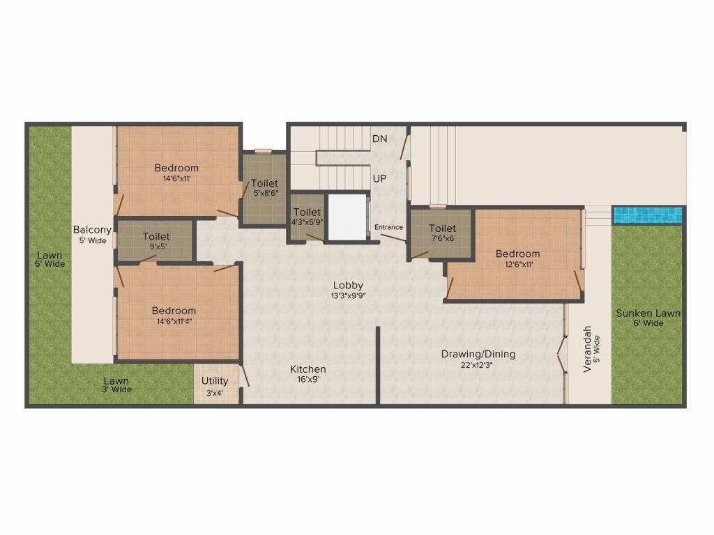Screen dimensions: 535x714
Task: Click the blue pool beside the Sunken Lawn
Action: pos(647,215)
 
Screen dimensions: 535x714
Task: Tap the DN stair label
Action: pos(379,139)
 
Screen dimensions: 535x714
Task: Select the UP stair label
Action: pos(379,179)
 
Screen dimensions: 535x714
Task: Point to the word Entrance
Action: pos(388,227)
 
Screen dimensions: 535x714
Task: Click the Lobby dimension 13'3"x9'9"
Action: pos(348,295)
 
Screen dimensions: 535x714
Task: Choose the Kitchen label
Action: pos(308,369)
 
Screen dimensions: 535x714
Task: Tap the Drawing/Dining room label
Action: pos(478,354)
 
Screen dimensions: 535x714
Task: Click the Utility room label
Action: pos(215,381)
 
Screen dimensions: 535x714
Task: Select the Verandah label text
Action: pos(587,348)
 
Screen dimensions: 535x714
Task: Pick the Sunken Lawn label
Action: pos(648,313)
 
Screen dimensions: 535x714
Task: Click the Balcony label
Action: pos(92,230)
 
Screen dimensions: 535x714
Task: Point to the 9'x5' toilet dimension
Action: pos(155,247)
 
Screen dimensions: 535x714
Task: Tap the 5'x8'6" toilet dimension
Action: pos(265,194)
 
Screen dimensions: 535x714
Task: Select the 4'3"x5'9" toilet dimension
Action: pos(307,222)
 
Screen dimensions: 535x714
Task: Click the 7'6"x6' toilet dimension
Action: pos(442,238)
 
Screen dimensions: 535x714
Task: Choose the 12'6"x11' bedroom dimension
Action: pos(517,264)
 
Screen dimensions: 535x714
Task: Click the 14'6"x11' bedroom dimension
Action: pos(176,178)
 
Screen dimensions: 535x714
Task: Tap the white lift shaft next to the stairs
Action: pos(347,217)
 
